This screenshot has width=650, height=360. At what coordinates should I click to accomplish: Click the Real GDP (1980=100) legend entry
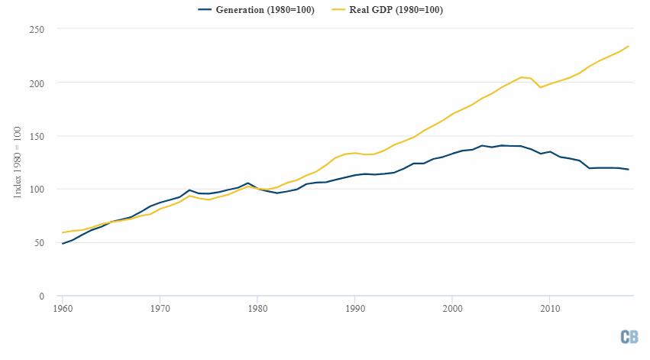(395, 10)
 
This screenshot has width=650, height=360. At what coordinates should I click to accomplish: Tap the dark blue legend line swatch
(205, 10)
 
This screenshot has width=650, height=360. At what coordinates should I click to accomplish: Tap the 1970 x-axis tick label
(160, 309)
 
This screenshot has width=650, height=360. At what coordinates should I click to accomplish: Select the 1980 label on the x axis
(257, 309)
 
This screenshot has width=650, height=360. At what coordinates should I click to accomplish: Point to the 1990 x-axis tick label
(355, 309)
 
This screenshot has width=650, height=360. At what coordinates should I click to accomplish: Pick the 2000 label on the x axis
(452, 309)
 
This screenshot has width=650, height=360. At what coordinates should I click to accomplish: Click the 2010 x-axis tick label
(550, 309)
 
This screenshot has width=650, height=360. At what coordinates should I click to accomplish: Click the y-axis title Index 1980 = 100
(18, 163)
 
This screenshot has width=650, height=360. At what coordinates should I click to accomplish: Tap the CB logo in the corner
(629, 337)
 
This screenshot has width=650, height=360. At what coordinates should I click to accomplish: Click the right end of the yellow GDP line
(629, 46)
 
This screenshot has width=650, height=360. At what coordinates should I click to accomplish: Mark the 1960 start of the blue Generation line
(62, 244)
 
